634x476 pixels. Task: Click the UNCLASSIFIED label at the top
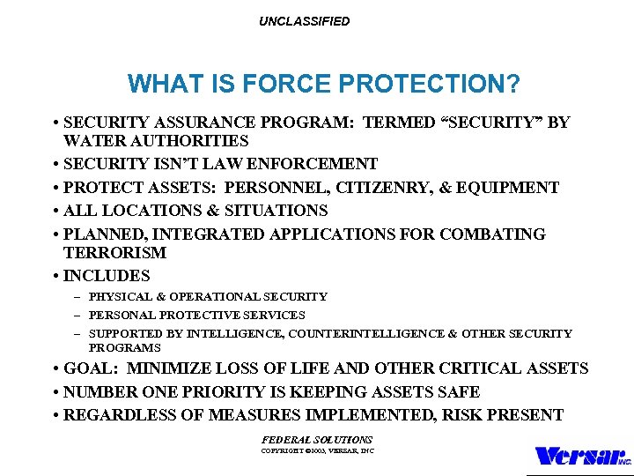[304, 21]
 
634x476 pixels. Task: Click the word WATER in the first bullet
[91, 141]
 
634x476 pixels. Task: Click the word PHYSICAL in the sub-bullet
[118, 297]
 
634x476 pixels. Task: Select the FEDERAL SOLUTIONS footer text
[317, 439]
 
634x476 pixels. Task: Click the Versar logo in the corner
[582, 457]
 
